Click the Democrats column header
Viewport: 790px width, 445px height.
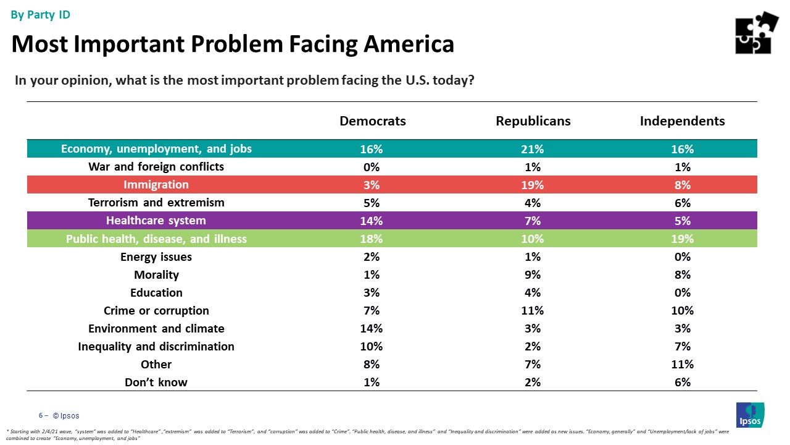point(373,121)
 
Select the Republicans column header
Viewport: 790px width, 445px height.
point(533,121)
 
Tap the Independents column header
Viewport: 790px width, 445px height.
point(682,121)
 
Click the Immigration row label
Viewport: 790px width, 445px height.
point(156,185)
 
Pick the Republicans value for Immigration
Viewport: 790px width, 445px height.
point(533,185)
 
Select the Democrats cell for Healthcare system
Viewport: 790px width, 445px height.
point(373,221)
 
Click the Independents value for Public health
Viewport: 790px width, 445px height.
point(682,239)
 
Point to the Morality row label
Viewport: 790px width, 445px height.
point(156,274)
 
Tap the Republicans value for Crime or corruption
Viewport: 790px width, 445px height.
point(533,310)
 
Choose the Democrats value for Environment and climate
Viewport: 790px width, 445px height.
point(373,328)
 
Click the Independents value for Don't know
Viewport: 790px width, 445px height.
point(682,382)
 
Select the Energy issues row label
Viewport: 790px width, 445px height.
point(156,256)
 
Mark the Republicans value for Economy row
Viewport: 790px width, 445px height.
point(533,149)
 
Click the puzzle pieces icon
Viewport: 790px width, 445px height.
point(757,33)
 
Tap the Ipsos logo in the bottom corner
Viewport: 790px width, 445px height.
point(750,414)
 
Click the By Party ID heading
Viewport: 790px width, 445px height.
point(41,15)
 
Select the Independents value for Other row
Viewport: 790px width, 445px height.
point(682,364)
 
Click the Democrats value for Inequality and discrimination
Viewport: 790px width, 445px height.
point(373,346)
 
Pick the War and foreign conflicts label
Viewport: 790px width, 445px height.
point(156,167)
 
